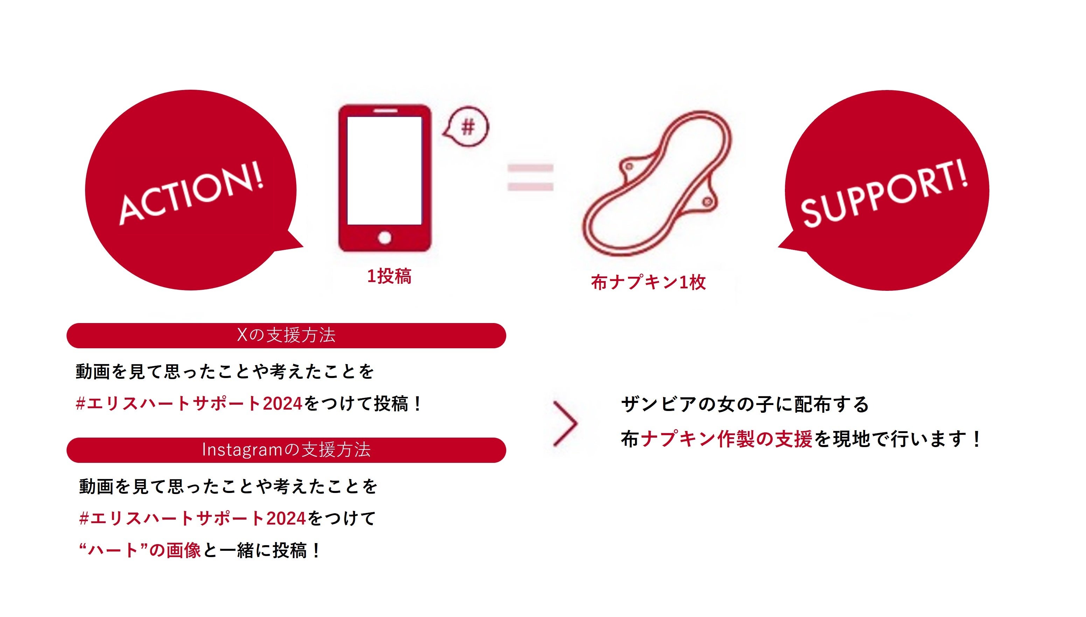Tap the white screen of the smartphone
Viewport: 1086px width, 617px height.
384,170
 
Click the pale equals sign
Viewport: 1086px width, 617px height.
530,177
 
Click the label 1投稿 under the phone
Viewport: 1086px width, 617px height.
389,276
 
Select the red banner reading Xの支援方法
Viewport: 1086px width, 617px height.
286,336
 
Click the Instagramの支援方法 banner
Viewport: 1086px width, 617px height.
286,450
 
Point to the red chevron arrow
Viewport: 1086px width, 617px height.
565,423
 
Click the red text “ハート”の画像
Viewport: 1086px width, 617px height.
140,550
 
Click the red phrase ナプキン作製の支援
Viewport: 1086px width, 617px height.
726,439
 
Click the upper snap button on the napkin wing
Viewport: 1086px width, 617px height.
629,166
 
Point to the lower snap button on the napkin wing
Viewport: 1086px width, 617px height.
707,202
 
